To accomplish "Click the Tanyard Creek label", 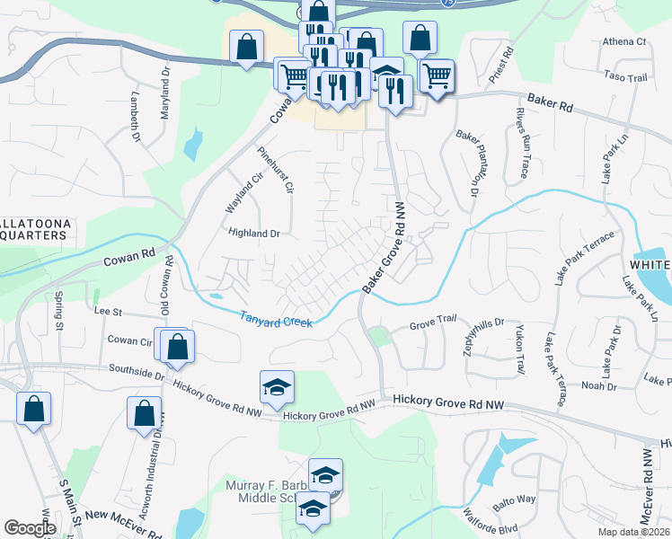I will (276, 318).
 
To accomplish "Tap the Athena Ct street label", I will (624, 42).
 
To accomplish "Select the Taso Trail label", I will (626, 78).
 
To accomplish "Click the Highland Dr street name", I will (255, 234).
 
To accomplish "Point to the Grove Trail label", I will (434, 321).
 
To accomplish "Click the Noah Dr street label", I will (599, 385).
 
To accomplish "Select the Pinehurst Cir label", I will (276, 170).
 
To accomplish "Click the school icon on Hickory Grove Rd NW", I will (278, 387).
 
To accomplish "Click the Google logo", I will (31, 528).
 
